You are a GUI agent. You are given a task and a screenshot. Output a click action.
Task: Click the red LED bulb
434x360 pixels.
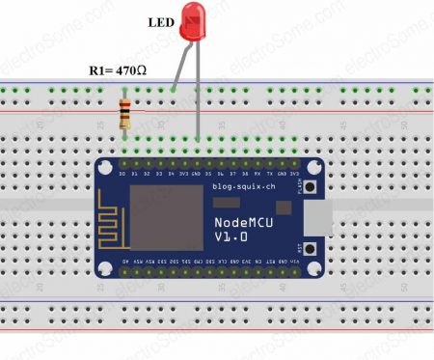(x=196, y=22)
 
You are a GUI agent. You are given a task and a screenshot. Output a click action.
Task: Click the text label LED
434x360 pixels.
(x=161, y=21)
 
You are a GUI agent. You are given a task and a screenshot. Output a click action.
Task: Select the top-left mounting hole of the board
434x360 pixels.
(x=106, y=167)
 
